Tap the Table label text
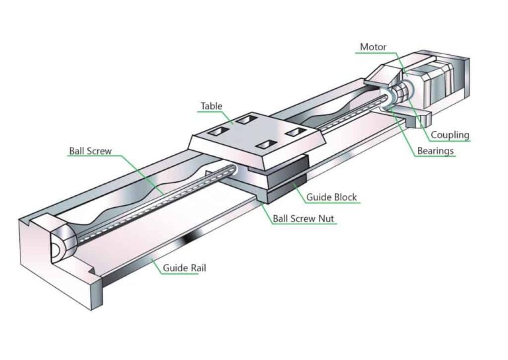pos(212,106)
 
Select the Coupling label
pos(450,135)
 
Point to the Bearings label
pos(435,151)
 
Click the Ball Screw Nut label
pos(305,218)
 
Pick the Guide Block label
pos(331,197)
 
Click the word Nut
pos(328,218)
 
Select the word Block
pos(345,197)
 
